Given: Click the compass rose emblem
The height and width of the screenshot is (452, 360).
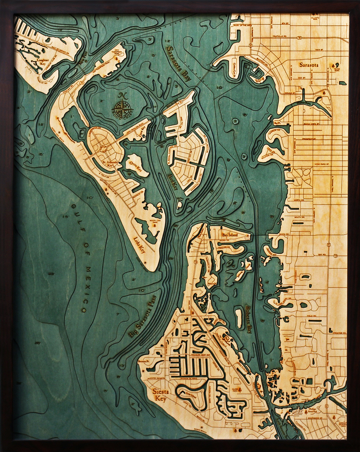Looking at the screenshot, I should [x=122, y=109].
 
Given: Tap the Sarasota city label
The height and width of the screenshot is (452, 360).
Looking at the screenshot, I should [x=308, y=65].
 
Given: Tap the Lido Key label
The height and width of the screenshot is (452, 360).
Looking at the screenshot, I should [x=139, y=245].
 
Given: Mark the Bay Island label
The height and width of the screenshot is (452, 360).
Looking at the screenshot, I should [x=230, y=235].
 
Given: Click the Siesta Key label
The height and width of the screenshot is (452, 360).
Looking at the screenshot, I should [x=160, y=395].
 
